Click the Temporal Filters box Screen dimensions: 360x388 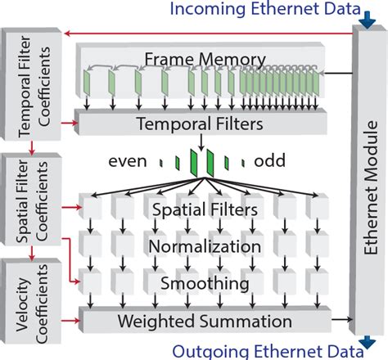tap(200, 125)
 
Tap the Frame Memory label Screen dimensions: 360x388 tap(205, 59)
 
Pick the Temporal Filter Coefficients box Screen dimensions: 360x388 tap(31, 88)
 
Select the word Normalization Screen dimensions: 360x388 tap(205, 246)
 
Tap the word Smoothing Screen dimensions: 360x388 tap(204, 282)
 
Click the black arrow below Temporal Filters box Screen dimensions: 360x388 tap(200, 143)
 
